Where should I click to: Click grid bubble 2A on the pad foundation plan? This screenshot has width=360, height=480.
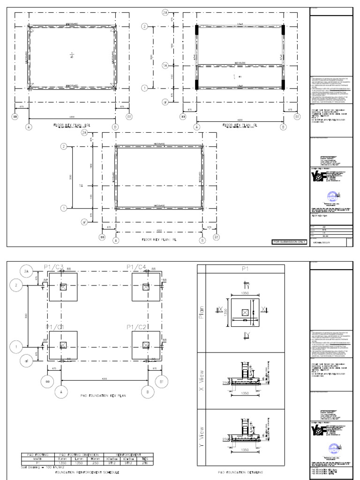click(x=26, y=271)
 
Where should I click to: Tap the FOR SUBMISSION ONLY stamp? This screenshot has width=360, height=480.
click(x=289, y=242)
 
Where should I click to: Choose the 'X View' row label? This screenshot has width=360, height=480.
click(x=202, y=380)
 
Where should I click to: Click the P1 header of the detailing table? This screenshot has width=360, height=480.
click(x=245, y=269)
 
